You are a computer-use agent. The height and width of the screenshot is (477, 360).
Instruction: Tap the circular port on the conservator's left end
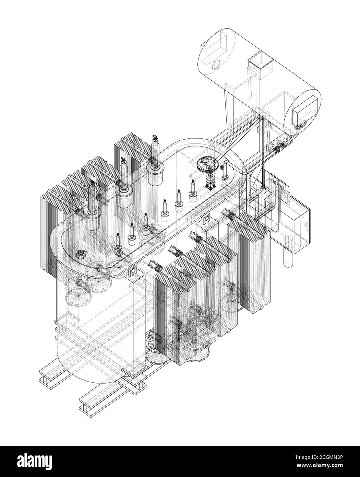(216, 65)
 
